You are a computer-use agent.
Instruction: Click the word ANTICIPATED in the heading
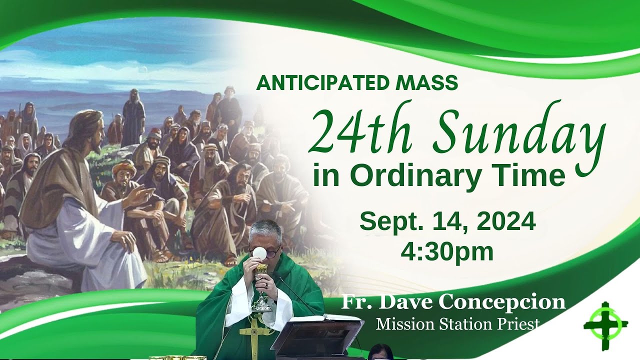(x=322, y=82)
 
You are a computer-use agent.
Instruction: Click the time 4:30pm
(x=447, y=252)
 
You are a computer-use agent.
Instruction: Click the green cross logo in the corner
(x=605, y=326)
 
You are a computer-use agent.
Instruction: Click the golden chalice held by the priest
(x=261, y=288)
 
